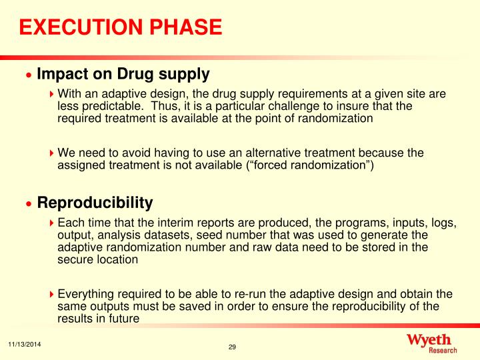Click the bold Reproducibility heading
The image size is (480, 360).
(x=95, y=202)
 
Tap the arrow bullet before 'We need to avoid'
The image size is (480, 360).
(x=53, y=153)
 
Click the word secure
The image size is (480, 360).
(x=74, y=260)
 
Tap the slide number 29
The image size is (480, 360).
(x=233, y=347)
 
